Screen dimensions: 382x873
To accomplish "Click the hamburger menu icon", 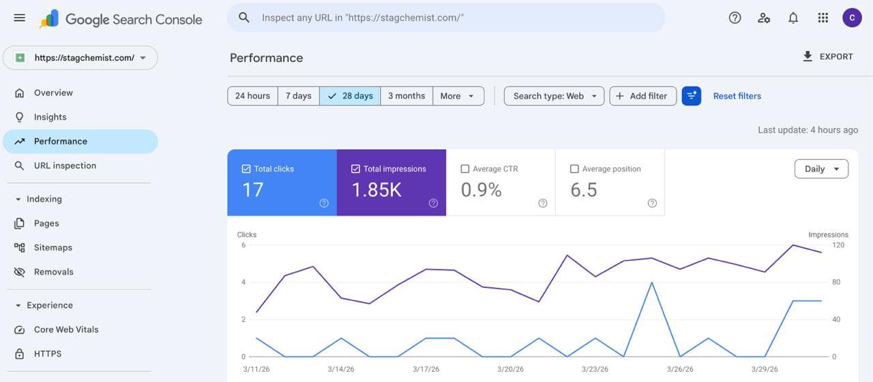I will pyautogui.click(x=19, y=18).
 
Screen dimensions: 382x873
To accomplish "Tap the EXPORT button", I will pyautogui.click(x=828, y=57).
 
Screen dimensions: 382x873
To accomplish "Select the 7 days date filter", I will pyautogui.click(x=299, y=96).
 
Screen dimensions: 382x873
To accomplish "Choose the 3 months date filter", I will pyautogui.click(x=406, y=96).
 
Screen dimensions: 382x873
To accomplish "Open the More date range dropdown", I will pyautogui.click(x=458, y=96).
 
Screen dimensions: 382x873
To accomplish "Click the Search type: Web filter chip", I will pyautogui.click(x=554, y=96).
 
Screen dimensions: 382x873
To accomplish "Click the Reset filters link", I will pyautogui.click(x=737, y=96).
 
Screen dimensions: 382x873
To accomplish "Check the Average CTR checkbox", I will pyautogui.click(x=465, y=169).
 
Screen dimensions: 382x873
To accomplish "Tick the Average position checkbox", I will pyautogui.click(x=574, y=169).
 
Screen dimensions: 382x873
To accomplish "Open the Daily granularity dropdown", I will pyautogui.click(x=821, y=169).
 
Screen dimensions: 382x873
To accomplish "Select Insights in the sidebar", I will pyautogui.click(x=50, y=117).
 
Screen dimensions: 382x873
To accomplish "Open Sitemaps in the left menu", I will pyautogui.click(x=53, y=248).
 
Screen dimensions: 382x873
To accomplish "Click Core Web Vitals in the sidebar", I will pyautogui.click(x=66, y=330).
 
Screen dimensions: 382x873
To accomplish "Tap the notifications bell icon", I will pyautogui.click(x=793, y=18).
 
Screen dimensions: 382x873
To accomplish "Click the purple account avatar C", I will pyautogui.click(x=852, y=18).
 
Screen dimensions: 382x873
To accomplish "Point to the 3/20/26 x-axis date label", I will pyautogui.click(x=510, y=369).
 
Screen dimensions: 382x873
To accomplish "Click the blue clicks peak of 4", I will pyautogui.click(x=652, y=282).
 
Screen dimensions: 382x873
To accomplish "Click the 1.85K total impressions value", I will pyautogui.click(x=376, y=190).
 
